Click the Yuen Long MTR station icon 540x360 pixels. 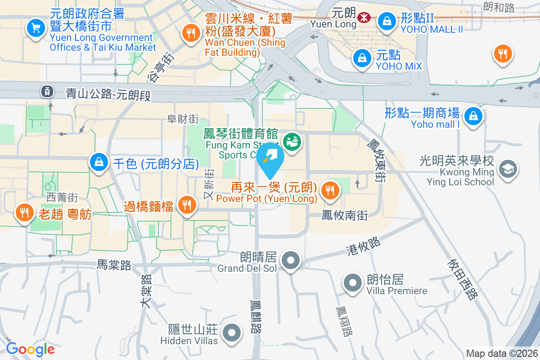click(364, 18)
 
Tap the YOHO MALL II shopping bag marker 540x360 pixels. click(386, 20)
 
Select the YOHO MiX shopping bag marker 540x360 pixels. click(361, 58)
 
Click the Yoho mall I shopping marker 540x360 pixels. click(473, 116)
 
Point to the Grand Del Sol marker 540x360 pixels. click(291, 260)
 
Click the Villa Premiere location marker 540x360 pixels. click(352, 283)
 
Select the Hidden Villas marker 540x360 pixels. click(232, 333)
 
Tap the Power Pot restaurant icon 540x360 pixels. click(330, 191)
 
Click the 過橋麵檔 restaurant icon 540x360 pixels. click(185, 205)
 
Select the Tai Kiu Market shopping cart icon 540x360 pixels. click(35, 28)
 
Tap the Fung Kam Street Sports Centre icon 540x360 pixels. click(292, 142)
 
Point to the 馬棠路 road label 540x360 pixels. click(114, 265)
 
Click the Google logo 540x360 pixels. click(30, 349)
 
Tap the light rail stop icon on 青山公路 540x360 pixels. click(47, 92)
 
